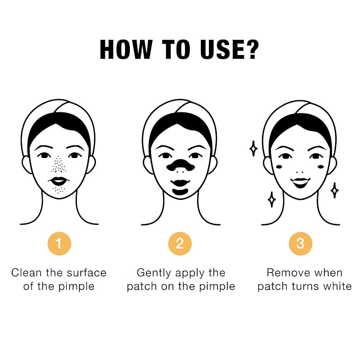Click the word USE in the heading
click(x=221, y=50)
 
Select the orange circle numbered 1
click(x=59, y=243)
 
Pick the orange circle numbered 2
click(x=180, y=243)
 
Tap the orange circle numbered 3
click(x=301, y=243)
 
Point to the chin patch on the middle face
click(x=180, y=191)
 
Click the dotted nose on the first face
click(x=59, y=164)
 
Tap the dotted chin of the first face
click(x=59, y=190)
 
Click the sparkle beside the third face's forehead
click(x=253, y=148)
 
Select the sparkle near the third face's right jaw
click(x=335, y=190)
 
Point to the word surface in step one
click(x=86, y=273)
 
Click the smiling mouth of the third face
click(x=300, y=182)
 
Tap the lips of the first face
click(x=59, y=181)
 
